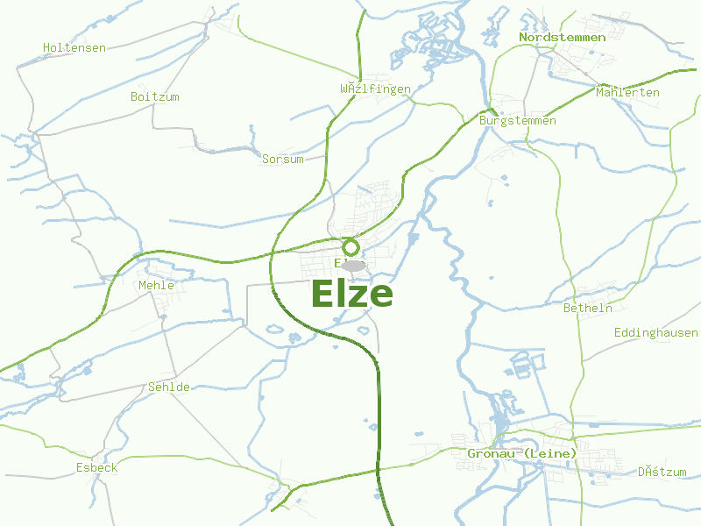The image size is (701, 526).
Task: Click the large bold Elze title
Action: [x=351, y=295]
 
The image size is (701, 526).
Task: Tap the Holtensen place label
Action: [x=74, y=47]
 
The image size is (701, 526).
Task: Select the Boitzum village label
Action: [x=154, y=96]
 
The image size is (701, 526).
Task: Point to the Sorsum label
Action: [x=283, y=160]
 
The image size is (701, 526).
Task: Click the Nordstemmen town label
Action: [x=562, y=37]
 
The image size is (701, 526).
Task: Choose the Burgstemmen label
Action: [x=518, y=120]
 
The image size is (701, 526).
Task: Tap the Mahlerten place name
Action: [x=627, y=92]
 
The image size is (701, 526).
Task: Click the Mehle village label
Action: [x=156, y=285]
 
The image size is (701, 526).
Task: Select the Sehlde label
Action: [x=169, y=387]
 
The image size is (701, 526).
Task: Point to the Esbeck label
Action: [x=96, y=467]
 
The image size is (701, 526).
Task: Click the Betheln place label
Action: [x=587, y=309]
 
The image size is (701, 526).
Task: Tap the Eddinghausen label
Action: [x=655, y=333]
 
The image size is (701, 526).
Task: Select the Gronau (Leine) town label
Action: [x=521, y=453]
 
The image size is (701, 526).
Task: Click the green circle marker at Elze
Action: [x=351, y=247]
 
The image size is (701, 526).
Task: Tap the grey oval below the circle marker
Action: [x=353, y=265]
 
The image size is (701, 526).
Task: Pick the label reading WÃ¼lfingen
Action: [x=375, y=89]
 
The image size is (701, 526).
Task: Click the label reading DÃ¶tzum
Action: [x=662, y=472]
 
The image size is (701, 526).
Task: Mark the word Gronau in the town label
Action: [x=488, y=453]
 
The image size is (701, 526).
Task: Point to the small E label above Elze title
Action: [x=337, y=263]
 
